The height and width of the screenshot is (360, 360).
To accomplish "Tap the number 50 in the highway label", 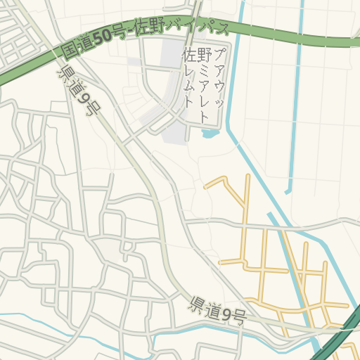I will (x=102, y=39).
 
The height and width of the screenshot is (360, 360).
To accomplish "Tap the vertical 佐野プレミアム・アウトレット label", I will (x=204, y=77).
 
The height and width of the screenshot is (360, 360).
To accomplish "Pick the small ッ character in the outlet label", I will (x=219, y=103).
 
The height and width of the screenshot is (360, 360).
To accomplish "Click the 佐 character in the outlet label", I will (x=188, y=55).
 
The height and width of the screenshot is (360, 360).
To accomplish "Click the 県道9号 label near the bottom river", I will (x=217, y=310).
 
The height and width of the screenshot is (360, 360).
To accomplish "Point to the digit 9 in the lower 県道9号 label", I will (x=229, y=313).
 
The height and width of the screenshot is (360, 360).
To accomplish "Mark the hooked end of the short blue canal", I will (x=288, y=191).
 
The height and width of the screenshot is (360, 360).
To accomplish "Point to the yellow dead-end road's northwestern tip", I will (x=205, y=188).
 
